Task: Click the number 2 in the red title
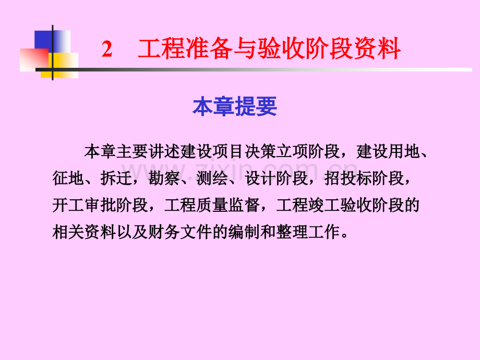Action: tap(107, 50)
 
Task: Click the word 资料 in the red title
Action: tap(382, 50)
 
